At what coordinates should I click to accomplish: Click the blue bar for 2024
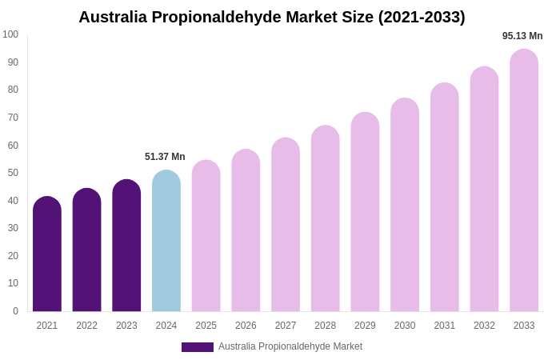166,241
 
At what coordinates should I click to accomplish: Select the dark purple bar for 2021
47,254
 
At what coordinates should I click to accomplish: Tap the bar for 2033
524,181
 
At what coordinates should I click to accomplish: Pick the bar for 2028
326,218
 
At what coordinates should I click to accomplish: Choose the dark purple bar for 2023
126,246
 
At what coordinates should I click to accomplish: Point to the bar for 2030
405,205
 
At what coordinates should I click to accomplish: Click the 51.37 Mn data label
165,157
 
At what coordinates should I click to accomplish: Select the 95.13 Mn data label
522,36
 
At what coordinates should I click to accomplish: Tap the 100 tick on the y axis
10,34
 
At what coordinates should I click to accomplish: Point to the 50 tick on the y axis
13,173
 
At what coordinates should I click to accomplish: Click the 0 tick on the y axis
15,311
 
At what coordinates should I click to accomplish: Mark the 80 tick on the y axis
13,90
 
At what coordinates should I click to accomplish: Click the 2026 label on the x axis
246,326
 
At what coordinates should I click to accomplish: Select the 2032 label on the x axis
484,326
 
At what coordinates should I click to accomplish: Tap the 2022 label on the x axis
86,326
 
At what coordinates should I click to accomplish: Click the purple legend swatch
197,347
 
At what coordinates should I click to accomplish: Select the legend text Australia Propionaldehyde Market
290,346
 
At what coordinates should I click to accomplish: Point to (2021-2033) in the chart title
422,17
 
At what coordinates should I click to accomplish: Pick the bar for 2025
206,236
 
